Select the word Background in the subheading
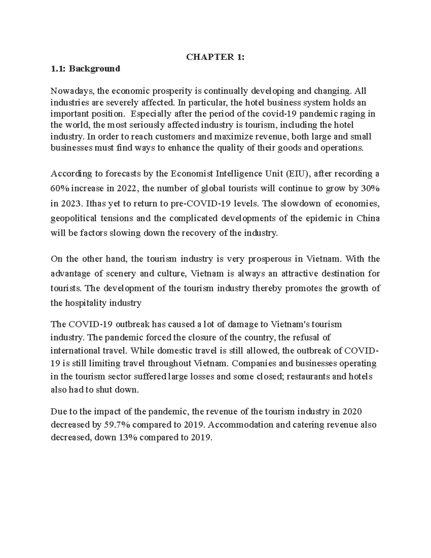click(x=94, y=69)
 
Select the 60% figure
click(x=60, y=189)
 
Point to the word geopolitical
click(x=74, y=218)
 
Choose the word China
click(x=368, y=218)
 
